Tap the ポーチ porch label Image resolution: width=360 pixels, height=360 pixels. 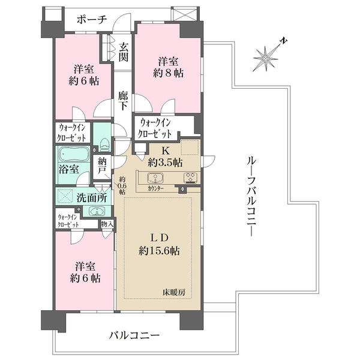(92, 20)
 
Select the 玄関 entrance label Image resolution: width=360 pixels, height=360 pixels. (123, 52)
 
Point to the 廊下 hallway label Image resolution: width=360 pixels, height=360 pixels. (123, 101)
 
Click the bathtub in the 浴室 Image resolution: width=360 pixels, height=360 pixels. (74, 154)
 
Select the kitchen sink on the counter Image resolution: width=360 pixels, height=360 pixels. (155, 178)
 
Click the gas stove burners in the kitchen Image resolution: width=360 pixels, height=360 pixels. (191, 178)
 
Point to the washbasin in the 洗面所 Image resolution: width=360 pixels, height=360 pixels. (97, 211)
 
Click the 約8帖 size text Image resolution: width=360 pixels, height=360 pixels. (168, 73)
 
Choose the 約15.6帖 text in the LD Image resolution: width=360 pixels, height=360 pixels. (159, 251)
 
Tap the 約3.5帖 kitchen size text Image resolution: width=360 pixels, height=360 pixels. (166, 163)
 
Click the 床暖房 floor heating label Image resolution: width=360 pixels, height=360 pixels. (174, 292)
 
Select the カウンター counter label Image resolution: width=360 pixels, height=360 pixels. (155, 188)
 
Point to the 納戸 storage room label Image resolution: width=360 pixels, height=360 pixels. (102, 166)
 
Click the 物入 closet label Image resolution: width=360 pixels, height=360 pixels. (107, 224)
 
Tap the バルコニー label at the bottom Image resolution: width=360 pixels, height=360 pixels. (134, 335)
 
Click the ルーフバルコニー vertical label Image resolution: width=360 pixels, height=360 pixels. (251, 196)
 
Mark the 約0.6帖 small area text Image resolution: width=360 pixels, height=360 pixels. (122, 185)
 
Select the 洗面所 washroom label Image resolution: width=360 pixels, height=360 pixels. (91, 197)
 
